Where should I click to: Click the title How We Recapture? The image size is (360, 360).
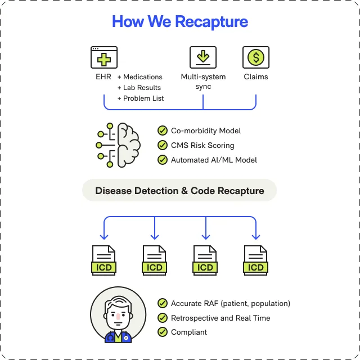pos(180,22)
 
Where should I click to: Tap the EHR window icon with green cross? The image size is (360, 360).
pos(104,57)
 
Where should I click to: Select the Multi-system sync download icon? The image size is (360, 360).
pos(203,57)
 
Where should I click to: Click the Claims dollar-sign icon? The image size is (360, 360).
pos(256,57)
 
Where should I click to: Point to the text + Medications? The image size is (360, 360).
pos(140,77)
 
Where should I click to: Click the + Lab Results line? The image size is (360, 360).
pos(139,88)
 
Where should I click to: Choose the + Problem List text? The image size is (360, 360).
pos(141,98)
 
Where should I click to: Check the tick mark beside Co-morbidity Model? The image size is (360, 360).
pos(163,130)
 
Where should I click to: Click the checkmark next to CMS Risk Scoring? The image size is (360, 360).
pos(163,145)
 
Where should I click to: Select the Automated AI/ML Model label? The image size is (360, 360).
pos(214,160)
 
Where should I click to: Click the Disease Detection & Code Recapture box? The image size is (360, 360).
pos(179,191)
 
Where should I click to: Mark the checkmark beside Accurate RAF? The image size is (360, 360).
pos(163,303)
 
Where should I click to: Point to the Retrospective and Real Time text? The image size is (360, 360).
pos(220,318)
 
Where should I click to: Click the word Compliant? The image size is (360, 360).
pos(189,332)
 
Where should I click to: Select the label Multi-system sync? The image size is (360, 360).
pos(203,82)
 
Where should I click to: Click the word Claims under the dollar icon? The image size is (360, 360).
pos(256,77)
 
